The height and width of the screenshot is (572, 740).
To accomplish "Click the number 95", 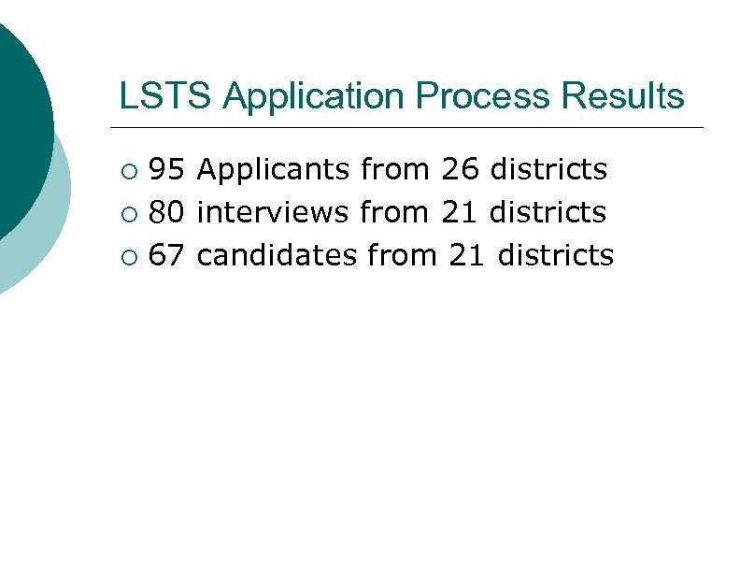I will (x=166, y=169).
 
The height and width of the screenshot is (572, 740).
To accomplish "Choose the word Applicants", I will (x=275, y=170).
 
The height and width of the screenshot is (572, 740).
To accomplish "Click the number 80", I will (x=166, y=212).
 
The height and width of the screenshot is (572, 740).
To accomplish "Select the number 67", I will (x=166, y=254).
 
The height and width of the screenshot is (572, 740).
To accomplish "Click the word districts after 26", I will (x=548, y=169).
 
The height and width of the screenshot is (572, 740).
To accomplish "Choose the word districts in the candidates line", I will (x=556, y=254).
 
